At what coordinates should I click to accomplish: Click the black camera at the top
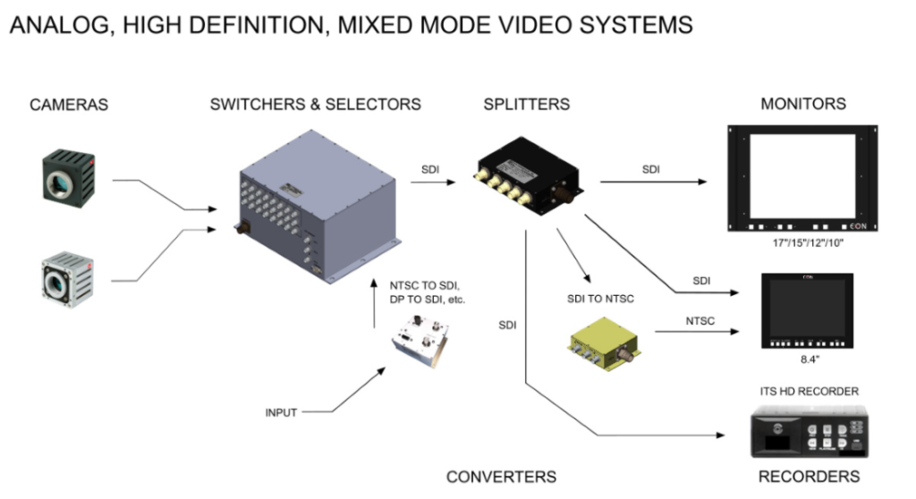tap(67, 173)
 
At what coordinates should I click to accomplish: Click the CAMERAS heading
tap(69, 105)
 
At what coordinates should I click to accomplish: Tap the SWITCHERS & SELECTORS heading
tap(315, 104)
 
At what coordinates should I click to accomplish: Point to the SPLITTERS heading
tap(526, 104)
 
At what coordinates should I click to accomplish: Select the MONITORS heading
tap(802, 104)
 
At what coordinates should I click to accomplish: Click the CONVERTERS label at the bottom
tap(501, 477)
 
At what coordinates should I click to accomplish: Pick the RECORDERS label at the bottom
tap(809, 477)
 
